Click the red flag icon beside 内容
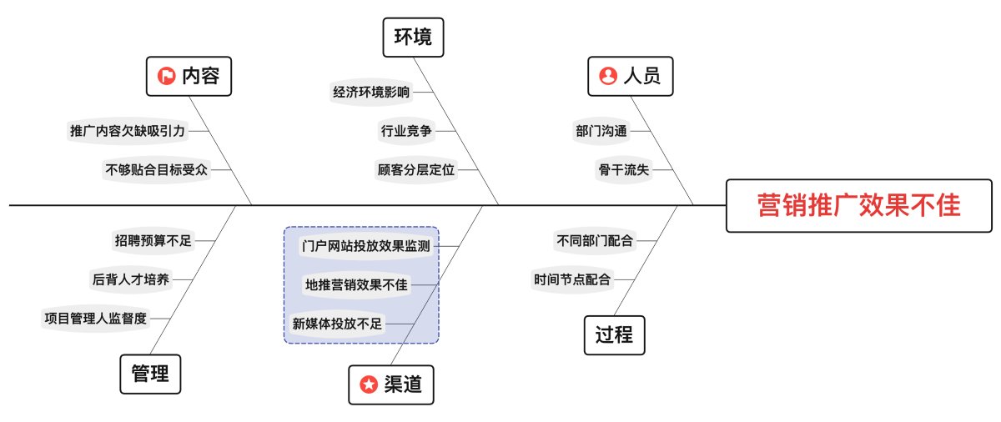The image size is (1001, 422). [x=166, y=76]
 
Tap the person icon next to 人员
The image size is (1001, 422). [x=608, y=76]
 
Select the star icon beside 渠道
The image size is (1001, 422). [x=369, y=384]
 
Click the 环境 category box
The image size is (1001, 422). [x=414, y=38]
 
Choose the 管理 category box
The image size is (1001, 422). [x=151, y=374]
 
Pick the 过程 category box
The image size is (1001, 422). [x=615, y=335]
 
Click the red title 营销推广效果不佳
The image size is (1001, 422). [x=859, y=205]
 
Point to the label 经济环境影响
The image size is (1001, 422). [x=371, y=93]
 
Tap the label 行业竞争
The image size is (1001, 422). [x=406, y=131]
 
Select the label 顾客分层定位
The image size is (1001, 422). [x=416, y=170]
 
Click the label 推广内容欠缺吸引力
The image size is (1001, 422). [x=128, y=131]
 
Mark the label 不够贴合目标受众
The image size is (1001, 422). [x=157, y=170]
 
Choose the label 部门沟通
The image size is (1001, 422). [x=601, y=131]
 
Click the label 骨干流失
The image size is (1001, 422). [x=623, y=170]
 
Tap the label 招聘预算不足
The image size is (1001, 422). [x=153, y=241]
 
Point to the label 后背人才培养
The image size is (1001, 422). [x=130, y=280]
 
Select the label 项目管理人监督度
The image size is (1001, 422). [x=95, y=319]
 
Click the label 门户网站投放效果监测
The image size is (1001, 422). [x=365, y=246]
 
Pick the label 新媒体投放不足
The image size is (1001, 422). [x=337, y=324]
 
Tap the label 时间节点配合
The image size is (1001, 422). [x=572, y=280]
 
